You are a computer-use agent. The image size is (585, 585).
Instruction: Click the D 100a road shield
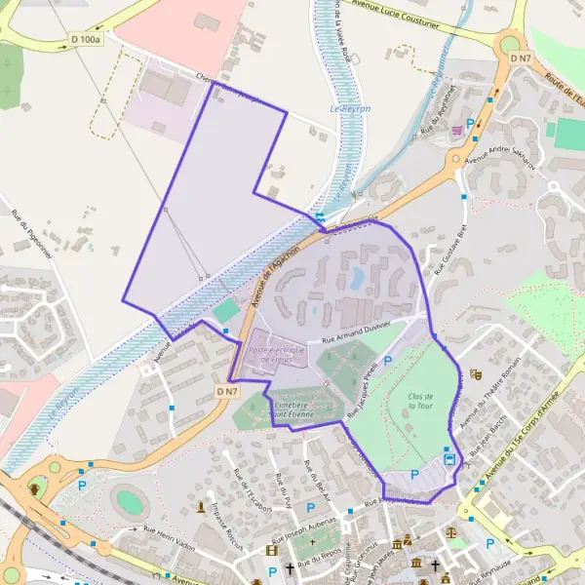tap(87, 40)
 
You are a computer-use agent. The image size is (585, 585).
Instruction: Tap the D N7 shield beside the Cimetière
tap(227, 391)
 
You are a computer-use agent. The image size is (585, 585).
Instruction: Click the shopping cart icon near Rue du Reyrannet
tap(456, 129)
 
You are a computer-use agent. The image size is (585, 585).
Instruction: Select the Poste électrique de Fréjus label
tap(277, 354)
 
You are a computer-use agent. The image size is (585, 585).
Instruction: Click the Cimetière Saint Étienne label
tap(291, 409)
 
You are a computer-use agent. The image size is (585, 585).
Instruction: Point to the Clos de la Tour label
tap(421, 401)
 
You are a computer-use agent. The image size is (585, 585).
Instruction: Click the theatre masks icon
tap(476, 372)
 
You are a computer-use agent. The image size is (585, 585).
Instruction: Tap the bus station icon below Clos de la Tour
tap(449, 457)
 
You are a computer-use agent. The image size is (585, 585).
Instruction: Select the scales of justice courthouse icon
tap(451, 533)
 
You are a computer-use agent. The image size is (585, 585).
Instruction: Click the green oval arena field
tap(129, 502)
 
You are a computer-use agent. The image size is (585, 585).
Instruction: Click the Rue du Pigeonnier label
tap(32, 233)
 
